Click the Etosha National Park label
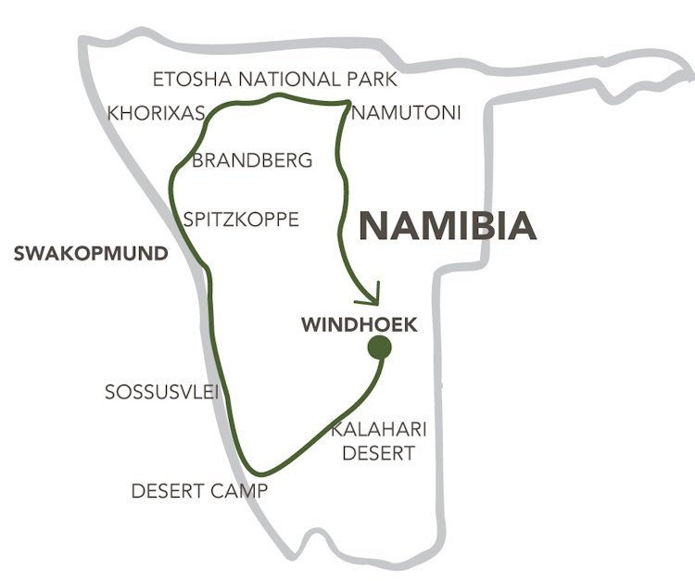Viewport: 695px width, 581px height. tap(274, 79)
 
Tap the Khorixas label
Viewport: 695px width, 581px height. tap(156, 113)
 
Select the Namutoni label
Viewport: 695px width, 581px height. tap(407, 113)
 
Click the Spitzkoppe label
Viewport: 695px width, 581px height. tap(241, 220)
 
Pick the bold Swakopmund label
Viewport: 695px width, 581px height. tap(91, 253)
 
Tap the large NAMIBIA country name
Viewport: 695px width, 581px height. tap(447, 225)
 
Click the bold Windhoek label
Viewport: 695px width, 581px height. tap(360, 325)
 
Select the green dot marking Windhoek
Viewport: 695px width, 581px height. tap(378, 348)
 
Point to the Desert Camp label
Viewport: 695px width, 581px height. tap(199, 491)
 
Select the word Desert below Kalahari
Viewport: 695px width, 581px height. tap(378, 453)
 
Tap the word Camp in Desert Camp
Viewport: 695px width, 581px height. tap(240, 491)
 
